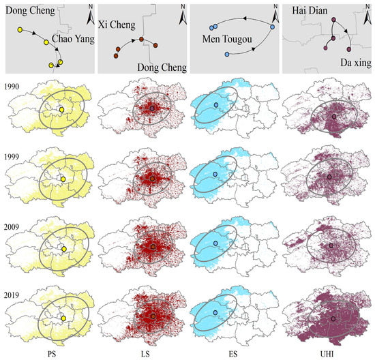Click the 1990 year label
pyautogui.click(x=11, y=87)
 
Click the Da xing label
pyautogui.click(x=349, y=61)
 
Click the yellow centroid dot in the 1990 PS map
pyautogui.click(x=61, y=110)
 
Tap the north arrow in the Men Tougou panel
pyautogui.click(x=274, y=12)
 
